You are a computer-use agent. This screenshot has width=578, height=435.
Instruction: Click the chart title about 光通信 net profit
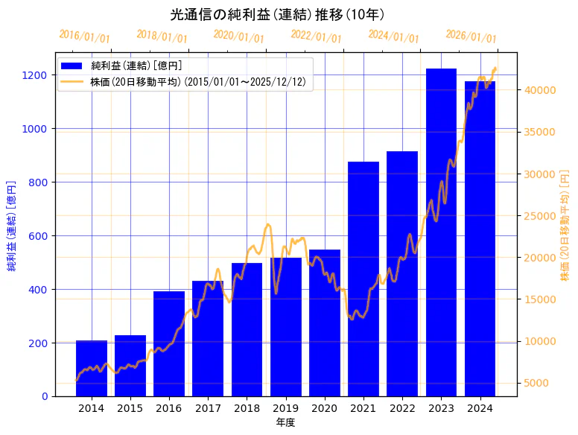pos(277,15)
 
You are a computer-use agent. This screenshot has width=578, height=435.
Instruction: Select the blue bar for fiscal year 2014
pos(92,368)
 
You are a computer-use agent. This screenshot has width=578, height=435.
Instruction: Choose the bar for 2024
pos(480,238)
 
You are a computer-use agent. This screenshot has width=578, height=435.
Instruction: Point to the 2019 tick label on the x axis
pos(285,408)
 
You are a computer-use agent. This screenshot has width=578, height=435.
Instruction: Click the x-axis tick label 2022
pos(402,408)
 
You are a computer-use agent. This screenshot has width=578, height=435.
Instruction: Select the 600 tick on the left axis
pos(38,236)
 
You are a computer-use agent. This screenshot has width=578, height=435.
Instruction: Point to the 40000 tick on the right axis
pos(539,90)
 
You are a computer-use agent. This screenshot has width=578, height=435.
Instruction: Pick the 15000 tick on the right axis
pos(539,299)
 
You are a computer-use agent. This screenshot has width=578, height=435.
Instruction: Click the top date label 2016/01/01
pos(84,36)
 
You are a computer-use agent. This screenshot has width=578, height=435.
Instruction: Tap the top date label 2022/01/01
pos(316,36)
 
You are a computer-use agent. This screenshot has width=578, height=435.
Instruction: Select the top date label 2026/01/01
pos(471,36)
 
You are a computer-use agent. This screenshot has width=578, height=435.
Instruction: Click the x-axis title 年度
pos(285,422)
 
